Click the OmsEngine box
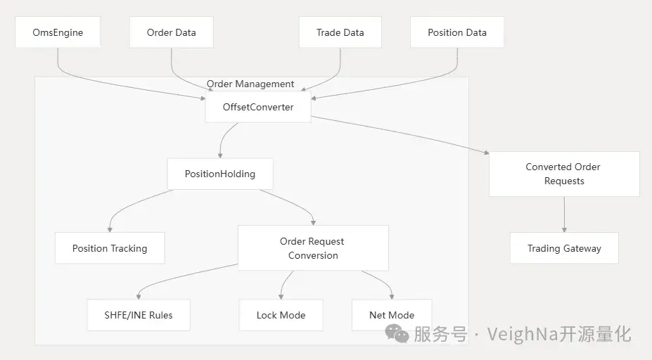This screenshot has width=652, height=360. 57,32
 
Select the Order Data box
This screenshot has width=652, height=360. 171,32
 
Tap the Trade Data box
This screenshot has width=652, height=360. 340,32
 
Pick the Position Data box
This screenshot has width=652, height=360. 456,32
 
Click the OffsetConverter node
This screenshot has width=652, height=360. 257,108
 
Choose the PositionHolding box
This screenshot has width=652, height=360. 219,174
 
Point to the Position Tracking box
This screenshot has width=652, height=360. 110,248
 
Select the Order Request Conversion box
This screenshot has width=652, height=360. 312,248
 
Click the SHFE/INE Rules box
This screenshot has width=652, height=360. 138,315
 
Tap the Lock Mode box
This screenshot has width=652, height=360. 281,315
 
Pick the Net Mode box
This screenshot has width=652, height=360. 391,315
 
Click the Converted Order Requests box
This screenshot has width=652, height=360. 563,174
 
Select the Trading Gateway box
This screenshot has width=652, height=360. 563,248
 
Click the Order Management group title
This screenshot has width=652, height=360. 250,84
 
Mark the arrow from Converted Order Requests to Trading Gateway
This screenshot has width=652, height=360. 563,214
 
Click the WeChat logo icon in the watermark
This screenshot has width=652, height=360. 397,334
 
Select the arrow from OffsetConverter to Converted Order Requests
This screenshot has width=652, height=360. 401,134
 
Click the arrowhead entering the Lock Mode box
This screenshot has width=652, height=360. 281,297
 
